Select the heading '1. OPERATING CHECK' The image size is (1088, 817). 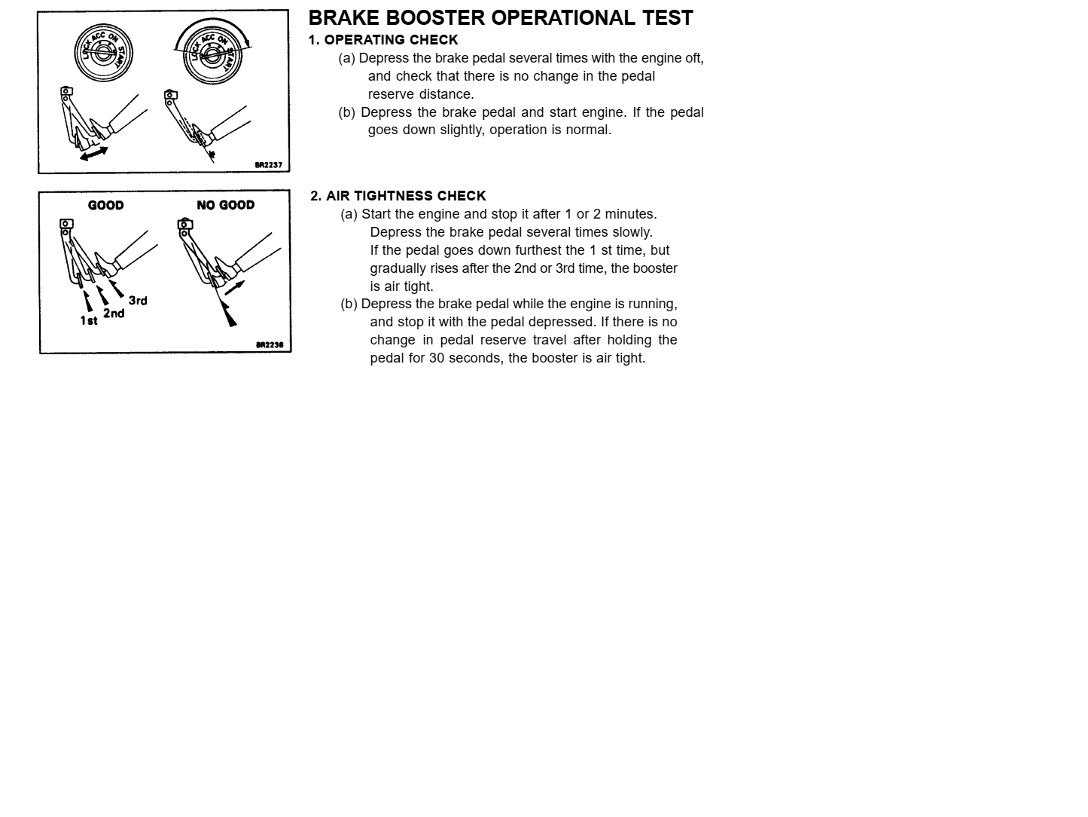pos(383,40)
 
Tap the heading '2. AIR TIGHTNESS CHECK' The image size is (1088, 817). pos(398,196)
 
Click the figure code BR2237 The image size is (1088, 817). pos(268,164)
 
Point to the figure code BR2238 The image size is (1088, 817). pos(270,345)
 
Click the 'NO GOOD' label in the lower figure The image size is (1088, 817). pos(225,205)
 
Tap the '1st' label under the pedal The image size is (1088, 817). pos(89,320)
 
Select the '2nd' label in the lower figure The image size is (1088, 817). pos(114,313)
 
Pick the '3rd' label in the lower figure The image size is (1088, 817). pos(138,301)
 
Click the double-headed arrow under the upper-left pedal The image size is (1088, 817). pos(93,154)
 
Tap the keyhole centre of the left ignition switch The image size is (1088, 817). pos(103,52)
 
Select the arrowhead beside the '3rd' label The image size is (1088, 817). pos(117,289)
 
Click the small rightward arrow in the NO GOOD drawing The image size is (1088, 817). pos(234,287)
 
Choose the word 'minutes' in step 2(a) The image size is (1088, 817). pos(629,214)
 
